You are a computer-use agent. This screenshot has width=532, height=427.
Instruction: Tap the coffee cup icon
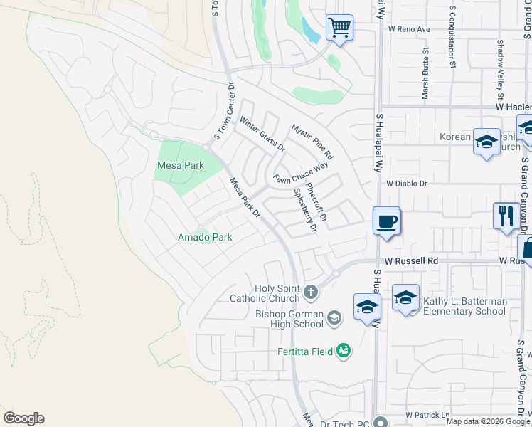(386, 221)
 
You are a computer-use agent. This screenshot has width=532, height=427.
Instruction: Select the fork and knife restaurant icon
(506, 216)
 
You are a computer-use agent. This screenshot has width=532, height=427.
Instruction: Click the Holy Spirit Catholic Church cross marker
(310, 291)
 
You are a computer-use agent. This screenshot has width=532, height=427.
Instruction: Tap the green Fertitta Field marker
(344, 351)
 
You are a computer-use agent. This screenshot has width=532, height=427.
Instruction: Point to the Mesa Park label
(180, 165)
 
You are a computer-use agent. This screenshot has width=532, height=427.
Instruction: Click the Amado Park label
(205, 237)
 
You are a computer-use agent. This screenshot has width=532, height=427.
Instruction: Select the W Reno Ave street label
(409, 29)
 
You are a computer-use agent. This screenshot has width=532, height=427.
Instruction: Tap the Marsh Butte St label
(425, 73)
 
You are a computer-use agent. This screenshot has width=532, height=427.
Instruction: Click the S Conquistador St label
(452, 37)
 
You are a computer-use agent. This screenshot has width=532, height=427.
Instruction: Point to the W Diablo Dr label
(406, 183)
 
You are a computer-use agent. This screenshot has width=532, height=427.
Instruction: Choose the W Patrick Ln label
(427, 415)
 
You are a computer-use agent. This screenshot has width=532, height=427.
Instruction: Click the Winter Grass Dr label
(262, 135)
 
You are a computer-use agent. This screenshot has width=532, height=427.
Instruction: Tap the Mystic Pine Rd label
(312, 141)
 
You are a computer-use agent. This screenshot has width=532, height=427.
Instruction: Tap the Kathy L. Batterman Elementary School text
(464, 306)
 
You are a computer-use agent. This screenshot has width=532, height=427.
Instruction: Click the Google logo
(23, 418)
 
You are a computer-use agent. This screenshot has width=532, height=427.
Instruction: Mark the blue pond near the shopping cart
(310, 30)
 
